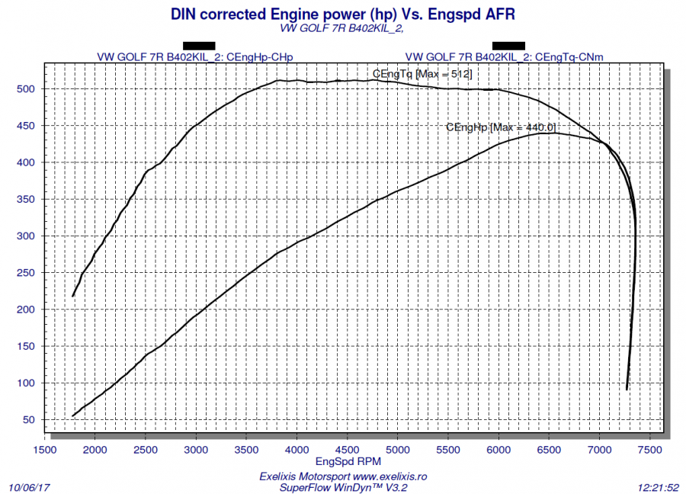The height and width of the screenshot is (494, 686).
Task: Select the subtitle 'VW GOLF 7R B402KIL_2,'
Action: pyautogui.click(x=341, y=29)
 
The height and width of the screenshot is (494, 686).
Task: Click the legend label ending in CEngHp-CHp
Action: pyautogui.click(x=195, y=56)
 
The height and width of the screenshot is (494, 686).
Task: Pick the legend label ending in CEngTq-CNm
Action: pyautogui.click(x=504, y=56)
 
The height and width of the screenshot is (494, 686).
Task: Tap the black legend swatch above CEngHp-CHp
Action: pyautogui.click(x=199, y=45)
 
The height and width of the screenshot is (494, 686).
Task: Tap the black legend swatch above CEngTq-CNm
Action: pyautogui.click(x=508, y=45)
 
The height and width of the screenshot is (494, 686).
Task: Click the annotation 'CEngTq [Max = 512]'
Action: pyautogui.click(x=422, y=74)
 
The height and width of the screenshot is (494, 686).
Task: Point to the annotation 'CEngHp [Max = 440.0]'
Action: pyautogui.click(x=502, y=127)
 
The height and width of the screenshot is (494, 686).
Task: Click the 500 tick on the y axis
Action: pyautogui.click(x=27, y=89)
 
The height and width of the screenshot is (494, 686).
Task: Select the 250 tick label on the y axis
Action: pyautogui.click(x=27, y=273)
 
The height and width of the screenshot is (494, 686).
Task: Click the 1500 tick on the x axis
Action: pyautogui.click(x=45, y=450)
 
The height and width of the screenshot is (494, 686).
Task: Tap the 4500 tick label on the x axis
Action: pyautogui.click(x=348, y=450)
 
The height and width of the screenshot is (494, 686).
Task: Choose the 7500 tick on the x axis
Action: pyautogui.click(x=650, y=450)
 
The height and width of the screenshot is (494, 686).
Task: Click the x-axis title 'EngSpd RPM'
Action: pyautogui.click(x=348, y=461)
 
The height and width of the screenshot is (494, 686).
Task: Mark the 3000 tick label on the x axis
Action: pyautogui.click(x=196, y=450)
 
